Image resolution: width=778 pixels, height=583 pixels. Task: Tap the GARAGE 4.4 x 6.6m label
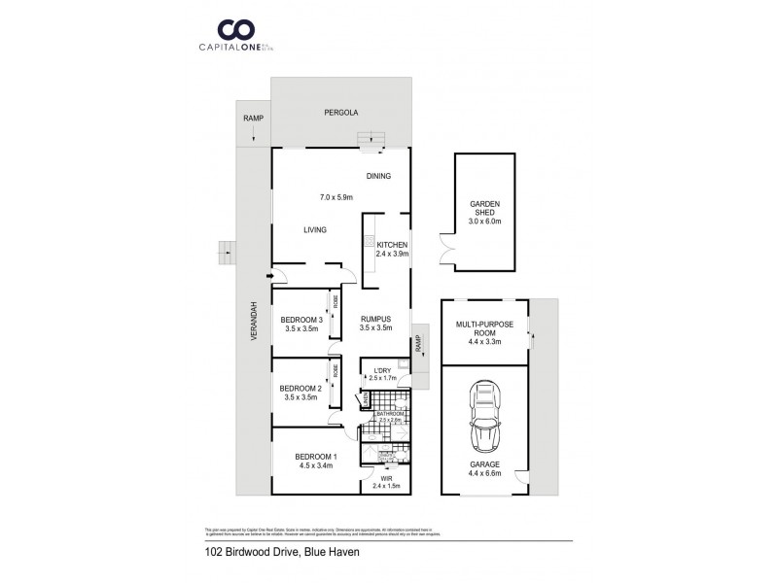tap(483, 469)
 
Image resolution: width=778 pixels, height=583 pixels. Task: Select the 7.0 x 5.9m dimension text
tap(336, 198)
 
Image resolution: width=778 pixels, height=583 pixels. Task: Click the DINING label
tap(378, 177)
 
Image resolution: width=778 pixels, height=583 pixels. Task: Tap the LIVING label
tap(314, 230)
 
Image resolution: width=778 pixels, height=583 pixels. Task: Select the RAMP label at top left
tap(252, 119)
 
